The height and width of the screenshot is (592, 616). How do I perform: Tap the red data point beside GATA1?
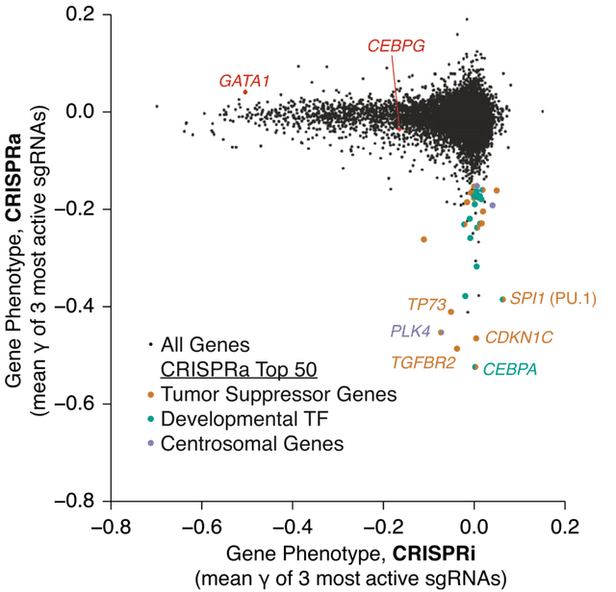tap(246, 92)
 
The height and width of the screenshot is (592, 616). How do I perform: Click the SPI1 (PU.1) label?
tap(552, 299)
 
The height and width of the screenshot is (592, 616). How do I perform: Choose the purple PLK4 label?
tap(410, 331)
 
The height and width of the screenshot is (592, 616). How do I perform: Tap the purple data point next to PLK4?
tap(441, 333)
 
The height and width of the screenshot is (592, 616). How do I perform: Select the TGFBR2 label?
tap(423, 362)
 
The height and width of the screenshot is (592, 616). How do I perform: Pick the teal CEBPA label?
tap(510, 368)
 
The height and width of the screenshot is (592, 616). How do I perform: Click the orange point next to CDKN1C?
tap(476, 338)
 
